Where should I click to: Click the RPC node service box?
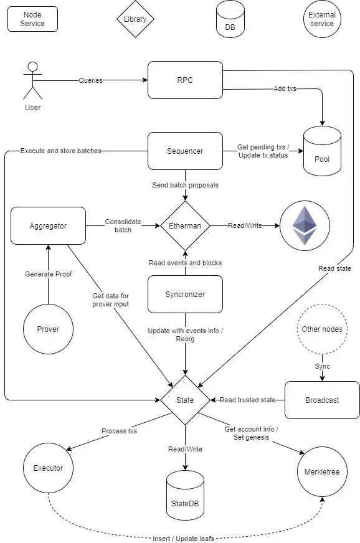[185, 80]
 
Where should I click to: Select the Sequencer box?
[185, 151]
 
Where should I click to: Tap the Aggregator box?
[48, 226]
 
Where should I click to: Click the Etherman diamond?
[185, 226]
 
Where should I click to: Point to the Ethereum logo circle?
[305, 226]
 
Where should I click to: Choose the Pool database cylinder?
[322, 151]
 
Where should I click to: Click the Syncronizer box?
[185, 295]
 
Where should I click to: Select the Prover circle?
[48, 329]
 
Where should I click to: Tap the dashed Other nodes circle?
[322, 329]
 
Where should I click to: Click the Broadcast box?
[322, 400]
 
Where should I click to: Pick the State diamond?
[185, 400]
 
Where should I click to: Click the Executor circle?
[48, 468]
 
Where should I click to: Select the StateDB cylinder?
[185, 495]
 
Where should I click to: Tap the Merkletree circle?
[322, 471]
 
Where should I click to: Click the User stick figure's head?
[33, 67]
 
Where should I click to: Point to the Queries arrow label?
[90, 80]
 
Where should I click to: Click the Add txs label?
[285, 88]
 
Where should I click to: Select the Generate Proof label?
[49, 274]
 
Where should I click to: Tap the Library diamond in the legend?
[135, 19]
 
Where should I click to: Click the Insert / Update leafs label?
[183, 539]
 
